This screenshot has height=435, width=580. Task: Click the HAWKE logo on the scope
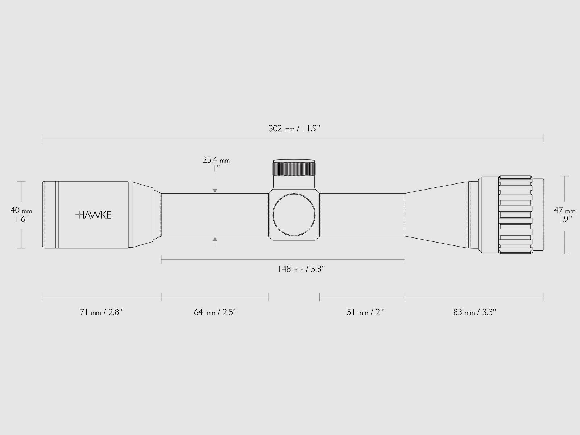[93, 215]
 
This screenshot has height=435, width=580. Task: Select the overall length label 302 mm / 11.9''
[295, 128]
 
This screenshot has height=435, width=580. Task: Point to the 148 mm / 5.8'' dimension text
[301, 269]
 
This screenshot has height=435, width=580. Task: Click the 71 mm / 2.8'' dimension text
[101, 312]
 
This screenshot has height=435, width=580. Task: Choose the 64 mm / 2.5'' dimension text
[215, 312]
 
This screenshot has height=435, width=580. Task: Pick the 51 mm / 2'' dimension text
[365, 312]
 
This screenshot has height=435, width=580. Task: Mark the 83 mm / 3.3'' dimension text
[475, 312]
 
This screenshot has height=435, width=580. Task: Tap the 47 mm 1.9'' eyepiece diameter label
[564, 215]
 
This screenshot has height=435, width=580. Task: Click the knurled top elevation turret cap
[294, 169]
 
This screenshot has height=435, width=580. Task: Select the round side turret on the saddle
[294, 215]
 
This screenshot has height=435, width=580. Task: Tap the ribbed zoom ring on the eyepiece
[515, 215]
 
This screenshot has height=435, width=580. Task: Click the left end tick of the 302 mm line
[42, 138]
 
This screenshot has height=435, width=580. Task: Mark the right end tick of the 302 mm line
[543, 138]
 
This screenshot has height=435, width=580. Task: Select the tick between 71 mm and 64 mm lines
[161, 298]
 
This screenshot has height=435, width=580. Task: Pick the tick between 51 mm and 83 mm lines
[405, 298]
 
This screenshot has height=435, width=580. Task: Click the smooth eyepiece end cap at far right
[540, 215]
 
